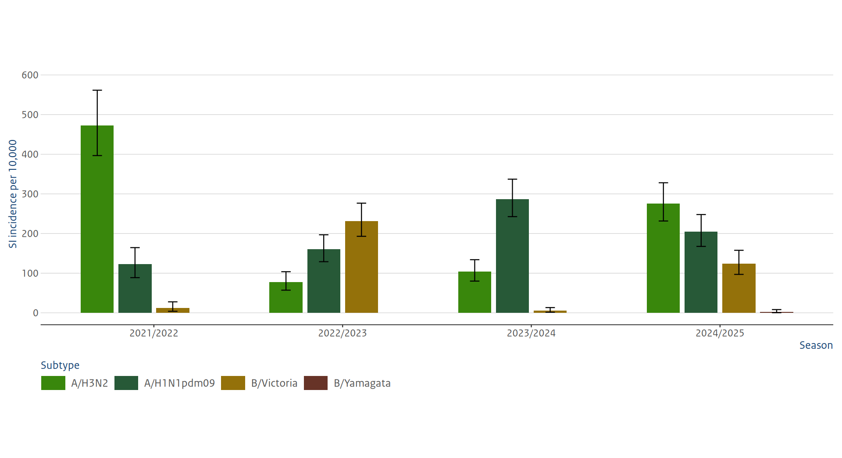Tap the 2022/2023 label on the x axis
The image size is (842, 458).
342,333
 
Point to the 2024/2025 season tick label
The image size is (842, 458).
720,333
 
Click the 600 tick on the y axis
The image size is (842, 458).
30,75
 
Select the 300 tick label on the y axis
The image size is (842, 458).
30,194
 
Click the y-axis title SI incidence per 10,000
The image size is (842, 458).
13,194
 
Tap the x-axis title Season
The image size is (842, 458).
816,345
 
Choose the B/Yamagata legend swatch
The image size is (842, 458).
316,383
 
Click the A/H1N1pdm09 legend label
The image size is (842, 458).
179,383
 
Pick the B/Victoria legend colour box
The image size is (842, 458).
233,383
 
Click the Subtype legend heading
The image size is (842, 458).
60,365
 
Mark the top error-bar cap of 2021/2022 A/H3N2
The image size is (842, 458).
97,90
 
